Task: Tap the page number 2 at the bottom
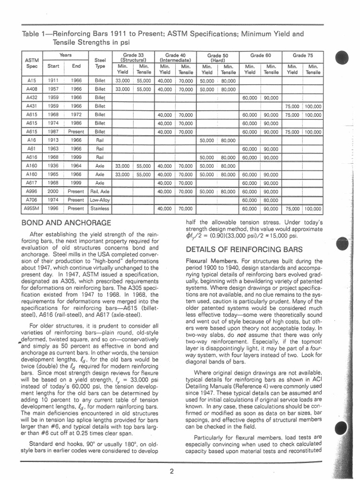172,471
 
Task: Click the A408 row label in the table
32,89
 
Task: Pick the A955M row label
32,208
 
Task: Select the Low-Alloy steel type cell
100,200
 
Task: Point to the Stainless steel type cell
100,208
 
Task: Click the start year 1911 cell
53,81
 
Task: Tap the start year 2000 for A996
53,192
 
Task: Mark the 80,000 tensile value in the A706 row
270,200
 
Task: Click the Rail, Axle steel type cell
100,192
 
